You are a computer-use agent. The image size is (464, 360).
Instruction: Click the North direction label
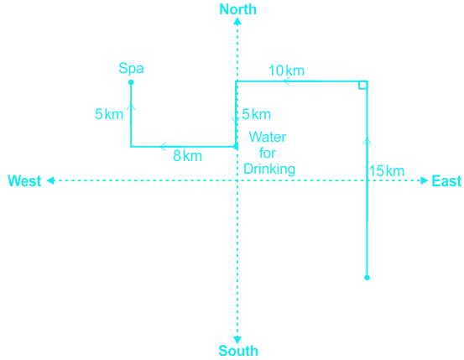click(237, 9)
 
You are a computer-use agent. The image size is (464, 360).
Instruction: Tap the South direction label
click(238, 351)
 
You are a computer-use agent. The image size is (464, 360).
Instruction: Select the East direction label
click(446, 181)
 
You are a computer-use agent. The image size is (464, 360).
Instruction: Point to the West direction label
click(24, 181)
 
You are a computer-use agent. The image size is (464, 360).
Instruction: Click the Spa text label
click(131, 68)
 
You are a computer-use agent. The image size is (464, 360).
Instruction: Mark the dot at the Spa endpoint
click(131, 82)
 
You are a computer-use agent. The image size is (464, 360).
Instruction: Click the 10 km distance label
click(286, 70)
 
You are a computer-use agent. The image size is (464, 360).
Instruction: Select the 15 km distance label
click(387, 171)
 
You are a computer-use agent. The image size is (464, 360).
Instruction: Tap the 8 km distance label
click(188, 156)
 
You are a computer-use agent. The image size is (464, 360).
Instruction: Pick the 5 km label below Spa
click(109, 114)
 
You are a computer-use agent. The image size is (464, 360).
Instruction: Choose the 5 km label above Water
click(256, 114)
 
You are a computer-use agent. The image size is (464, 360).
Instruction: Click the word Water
click(268, 137)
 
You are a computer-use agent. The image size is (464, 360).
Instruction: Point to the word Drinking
click(269, 170)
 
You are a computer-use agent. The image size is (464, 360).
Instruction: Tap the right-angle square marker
click(362, 85)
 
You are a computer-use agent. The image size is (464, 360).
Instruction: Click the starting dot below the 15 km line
click(367, 278)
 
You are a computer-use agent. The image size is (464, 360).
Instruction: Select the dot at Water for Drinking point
click(236, 146)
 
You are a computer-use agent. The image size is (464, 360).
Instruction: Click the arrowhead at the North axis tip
click(237, 21)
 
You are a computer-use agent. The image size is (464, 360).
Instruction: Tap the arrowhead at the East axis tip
click(425, 180)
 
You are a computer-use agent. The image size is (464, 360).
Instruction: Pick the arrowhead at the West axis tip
click(50, 180)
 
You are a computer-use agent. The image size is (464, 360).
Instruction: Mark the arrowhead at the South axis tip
click(237, 340)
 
